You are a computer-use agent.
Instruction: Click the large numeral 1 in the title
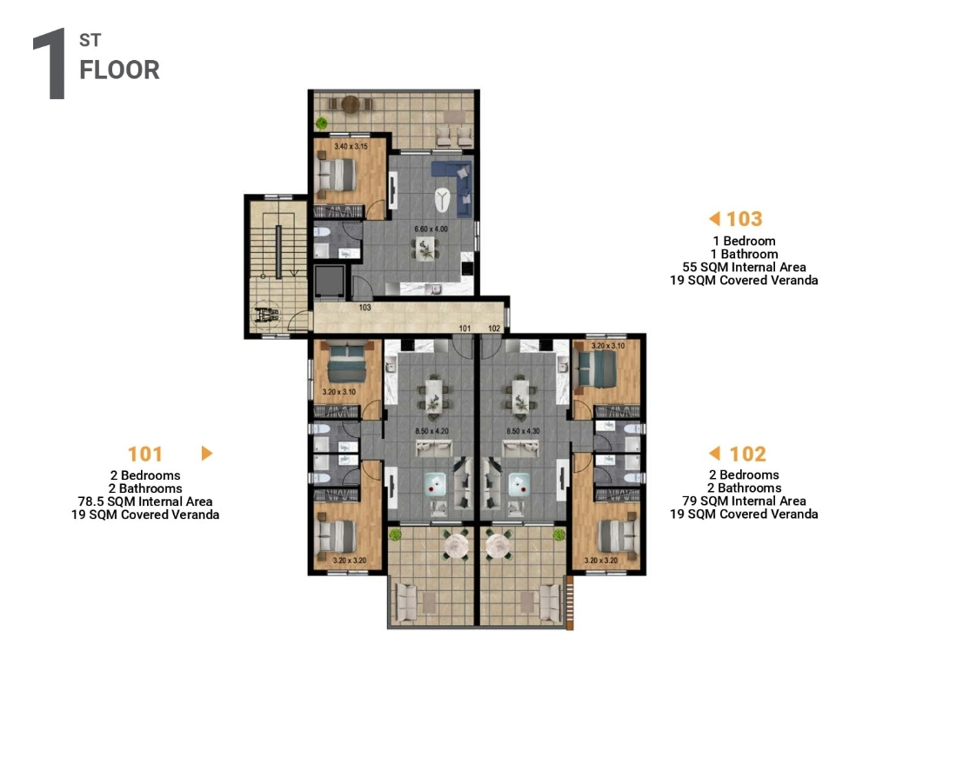[50, 63]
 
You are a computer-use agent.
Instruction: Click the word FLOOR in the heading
[119, 70]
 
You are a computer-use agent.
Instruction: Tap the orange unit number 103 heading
[745, 219]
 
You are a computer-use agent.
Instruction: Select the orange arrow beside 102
[714, 454]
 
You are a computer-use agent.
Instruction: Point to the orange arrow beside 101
[207, 454]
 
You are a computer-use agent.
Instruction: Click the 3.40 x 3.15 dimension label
[351, 147]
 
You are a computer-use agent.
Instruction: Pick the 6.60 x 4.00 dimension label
[431, 229]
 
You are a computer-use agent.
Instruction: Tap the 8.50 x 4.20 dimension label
[431, 431]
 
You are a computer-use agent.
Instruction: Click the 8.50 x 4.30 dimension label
[524, 431]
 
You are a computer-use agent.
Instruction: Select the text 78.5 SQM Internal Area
[145, 501]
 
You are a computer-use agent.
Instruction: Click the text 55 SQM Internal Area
[744, 267]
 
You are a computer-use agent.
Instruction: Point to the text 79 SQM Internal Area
[744, 501]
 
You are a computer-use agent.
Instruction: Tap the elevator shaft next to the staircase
[330, 282]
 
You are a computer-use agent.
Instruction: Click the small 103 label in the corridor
[364, 308]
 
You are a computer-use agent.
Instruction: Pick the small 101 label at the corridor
[465, 329]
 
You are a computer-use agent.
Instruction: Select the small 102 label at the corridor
[494, 329]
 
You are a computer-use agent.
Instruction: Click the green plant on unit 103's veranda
[321, 123]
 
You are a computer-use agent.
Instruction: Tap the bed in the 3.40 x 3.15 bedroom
[336, 174]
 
